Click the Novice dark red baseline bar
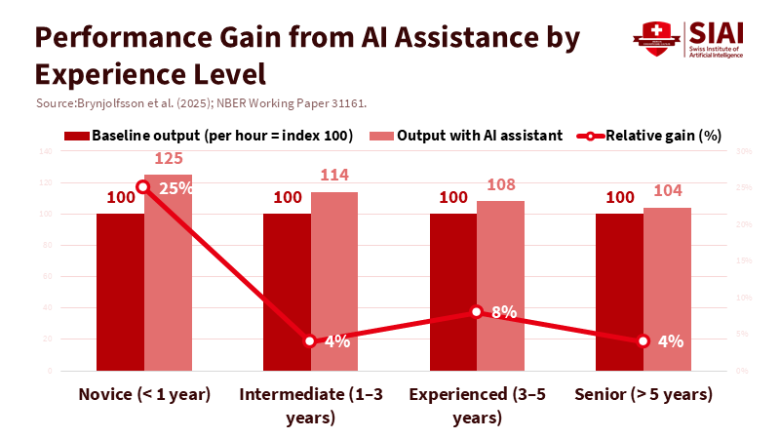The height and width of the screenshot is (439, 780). [x=120, y=293]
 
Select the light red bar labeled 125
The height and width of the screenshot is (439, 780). [x=168, y=283]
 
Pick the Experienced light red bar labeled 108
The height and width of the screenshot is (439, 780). [x=500, y=293]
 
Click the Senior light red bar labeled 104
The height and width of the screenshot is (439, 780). [x=667, y=293]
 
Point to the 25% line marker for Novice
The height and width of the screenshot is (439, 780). [x=143, y=186]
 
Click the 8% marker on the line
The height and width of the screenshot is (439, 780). [x=477, y=311]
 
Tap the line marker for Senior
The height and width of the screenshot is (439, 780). [x=643, y=340]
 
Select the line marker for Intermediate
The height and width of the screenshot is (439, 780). [x=310, y=340]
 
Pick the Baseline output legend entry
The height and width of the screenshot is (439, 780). [x=210, y=136]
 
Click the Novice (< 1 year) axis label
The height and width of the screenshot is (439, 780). [x=144, y=395]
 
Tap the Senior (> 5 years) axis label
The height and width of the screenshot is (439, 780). [x=643, y=395]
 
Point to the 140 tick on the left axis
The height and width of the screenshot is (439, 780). [x=45, y=151]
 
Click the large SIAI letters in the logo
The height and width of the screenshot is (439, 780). [x=717, y=31]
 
